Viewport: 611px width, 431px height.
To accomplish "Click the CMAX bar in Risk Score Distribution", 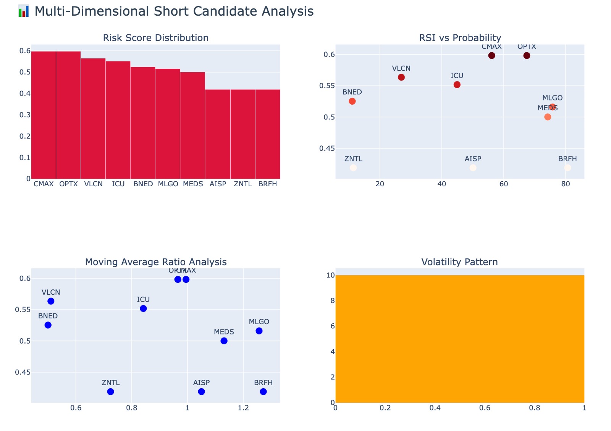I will (44, 115).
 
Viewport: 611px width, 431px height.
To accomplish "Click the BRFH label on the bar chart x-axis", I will (267, 184).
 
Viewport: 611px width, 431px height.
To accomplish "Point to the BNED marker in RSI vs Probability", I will (352, 101).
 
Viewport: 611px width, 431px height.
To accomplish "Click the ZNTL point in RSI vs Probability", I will (353, 168).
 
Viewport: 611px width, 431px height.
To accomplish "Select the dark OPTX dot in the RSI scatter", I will (527, 56).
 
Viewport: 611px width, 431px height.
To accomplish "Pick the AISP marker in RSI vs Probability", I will (473, 168).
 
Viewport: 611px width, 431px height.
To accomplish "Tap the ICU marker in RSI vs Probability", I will (457, 85).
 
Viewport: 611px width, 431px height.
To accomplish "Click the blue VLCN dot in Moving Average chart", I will (51, 301).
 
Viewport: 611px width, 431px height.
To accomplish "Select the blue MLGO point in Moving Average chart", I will (259, 331).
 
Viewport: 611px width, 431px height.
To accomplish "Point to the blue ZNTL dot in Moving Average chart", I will (111, 392).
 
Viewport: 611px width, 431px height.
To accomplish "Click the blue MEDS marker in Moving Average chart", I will (224, 341).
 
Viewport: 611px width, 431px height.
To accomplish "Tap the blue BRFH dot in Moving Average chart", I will (263, 392).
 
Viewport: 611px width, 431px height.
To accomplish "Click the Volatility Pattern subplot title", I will (459, 262).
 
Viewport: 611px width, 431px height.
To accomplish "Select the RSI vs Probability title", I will (460, 38).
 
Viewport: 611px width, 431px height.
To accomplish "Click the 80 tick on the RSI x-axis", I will (566, 184).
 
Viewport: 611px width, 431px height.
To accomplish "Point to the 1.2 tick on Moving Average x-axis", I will (243, 408).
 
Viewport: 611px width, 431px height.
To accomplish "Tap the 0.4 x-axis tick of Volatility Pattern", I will (435, 408).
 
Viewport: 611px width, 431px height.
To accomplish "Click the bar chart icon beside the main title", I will (24, 11).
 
